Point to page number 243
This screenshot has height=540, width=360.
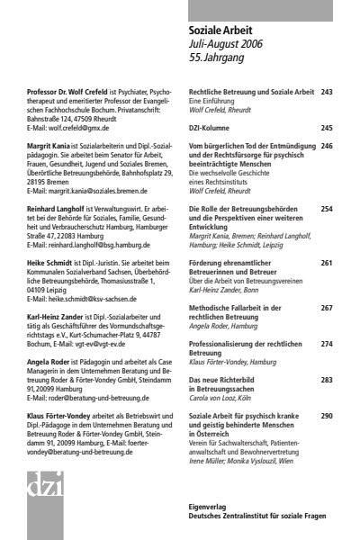tap(326, 91)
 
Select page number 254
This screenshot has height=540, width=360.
tap(326, 209)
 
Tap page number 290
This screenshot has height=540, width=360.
tap(326, 416)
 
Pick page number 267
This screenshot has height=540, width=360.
tap(326, 308)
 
